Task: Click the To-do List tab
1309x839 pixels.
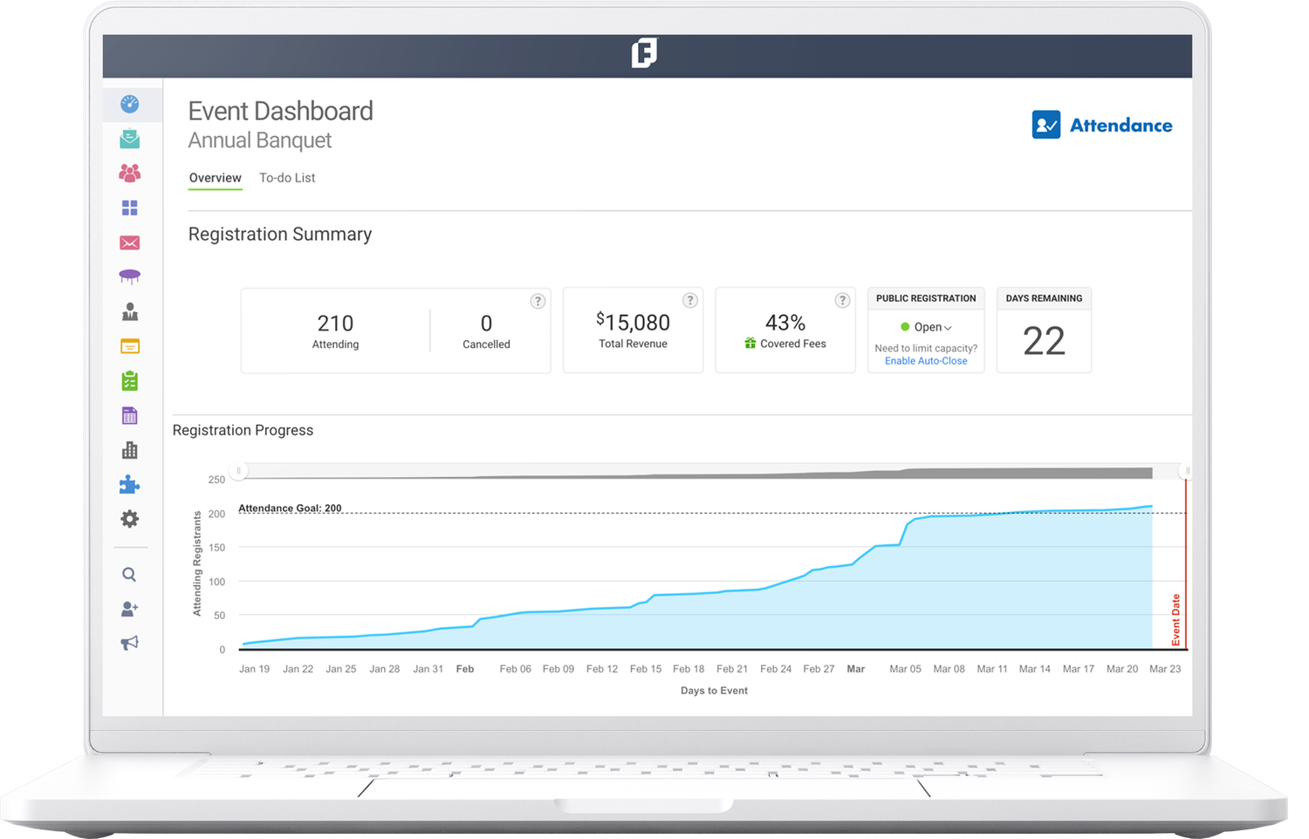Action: [287, 178]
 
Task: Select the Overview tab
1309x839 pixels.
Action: [215, 178]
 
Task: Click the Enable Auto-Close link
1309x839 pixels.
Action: [926, 361]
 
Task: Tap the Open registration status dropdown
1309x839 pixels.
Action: [927, 327]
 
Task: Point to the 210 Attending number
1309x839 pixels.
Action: [335, 324]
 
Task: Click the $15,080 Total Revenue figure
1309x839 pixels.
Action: [634, 323]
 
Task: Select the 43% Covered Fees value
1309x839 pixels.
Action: [785, 323]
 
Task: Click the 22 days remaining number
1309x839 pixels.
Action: [1044, 341]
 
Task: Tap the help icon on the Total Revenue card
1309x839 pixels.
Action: [689, 300]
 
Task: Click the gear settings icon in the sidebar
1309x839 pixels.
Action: [130, 519]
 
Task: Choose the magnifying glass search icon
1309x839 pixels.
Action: [129, 574]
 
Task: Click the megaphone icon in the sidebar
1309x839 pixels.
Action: [130, 643]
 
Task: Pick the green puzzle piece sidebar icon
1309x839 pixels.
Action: [130, 485]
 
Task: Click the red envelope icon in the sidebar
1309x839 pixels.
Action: [130, 242]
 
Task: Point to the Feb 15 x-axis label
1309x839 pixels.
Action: [646, 669]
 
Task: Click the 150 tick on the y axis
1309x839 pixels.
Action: [216, 548]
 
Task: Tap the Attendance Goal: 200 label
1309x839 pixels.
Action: [290, 508]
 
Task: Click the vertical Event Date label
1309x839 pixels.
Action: [1175, 620]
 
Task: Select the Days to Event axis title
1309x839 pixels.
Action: [714, 691]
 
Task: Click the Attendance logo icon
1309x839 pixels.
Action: [1045, 125]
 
